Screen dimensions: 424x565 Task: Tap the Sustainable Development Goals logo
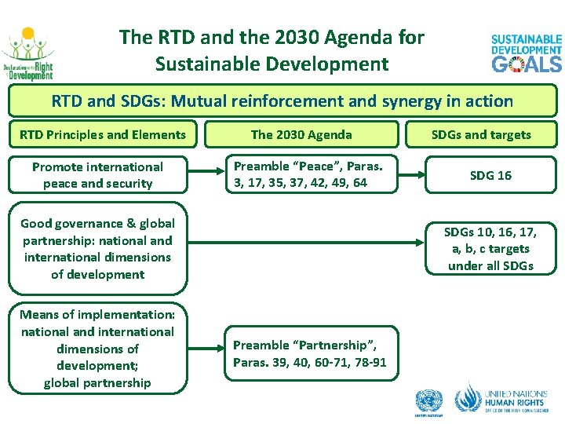click(x=527, y=53)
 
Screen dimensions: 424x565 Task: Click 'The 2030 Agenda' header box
click(x=301, y=134)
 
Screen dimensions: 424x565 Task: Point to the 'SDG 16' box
click(x=490, y=175)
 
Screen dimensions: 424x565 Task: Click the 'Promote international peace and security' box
click(x=97, y=175)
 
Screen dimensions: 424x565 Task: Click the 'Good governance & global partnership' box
click(x=97, y=249)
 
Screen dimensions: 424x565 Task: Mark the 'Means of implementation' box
click(x=97, y=349)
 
